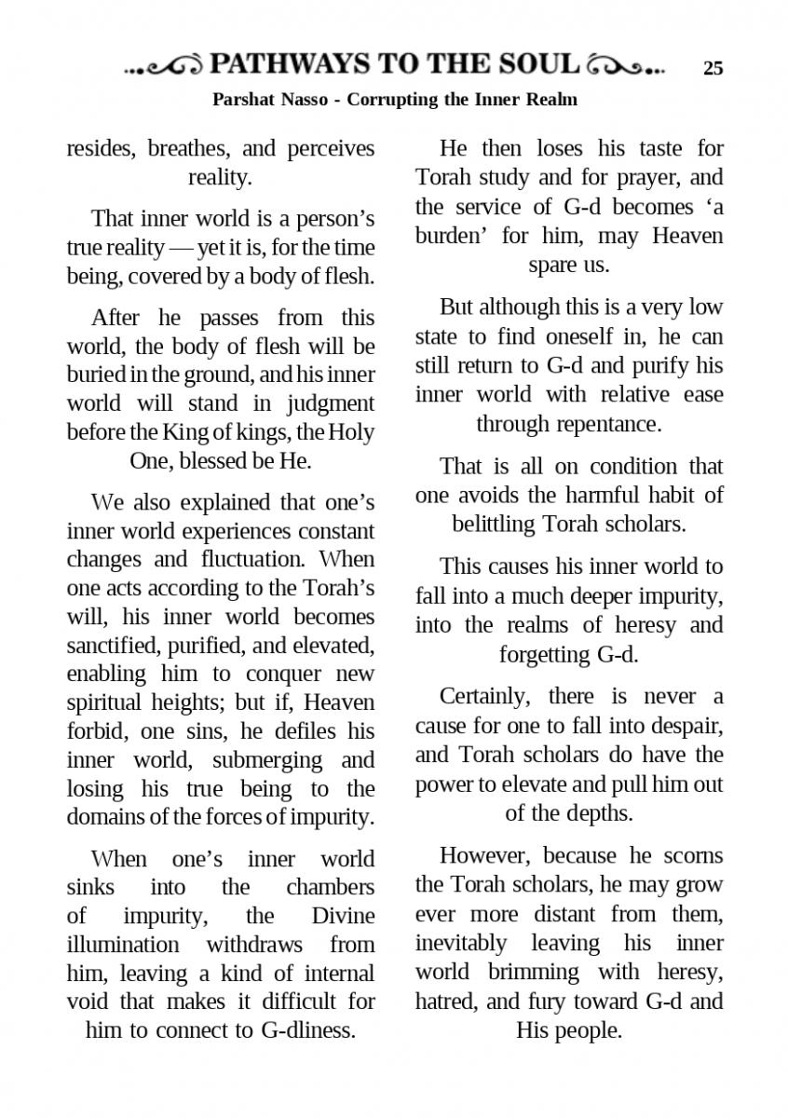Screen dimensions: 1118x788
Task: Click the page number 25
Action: pyautogui.click(x=713, y=68)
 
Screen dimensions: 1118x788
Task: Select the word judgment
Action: pyautogui.click(x=332, y=404)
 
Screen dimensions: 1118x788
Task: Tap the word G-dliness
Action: pyautogui.click(x=306, y=1030)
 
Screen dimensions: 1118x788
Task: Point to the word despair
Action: pyautogui.click(x=686, y=725)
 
